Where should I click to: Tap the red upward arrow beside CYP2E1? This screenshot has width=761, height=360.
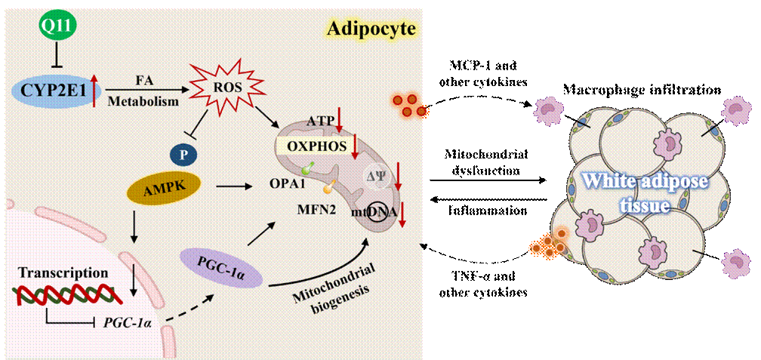point(94,93)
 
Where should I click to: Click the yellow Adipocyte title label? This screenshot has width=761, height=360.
point(372,29)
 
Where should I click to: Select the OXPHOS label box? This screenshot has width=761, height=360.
point(315,143)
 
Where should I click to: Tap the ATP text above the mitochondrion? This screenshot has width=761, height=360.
point(322,120)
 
